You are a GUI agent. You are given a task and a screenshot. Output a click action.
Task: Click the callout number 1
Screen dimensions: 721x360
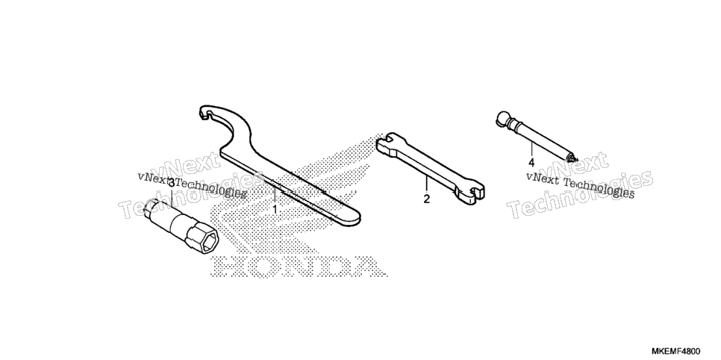pyautogui.click(x=275, y=210)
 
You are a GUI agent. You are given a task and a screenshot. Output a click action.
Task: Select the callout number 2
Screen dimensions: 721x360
pyautogui.click(x=427, y=199)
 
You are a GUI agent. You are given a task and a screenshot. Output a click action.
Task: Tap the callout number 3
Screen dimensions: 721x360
pyautogui.click(x=172, y=183)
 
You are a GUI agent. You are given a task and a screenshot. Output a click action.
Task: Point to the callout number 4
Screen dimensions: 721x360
pyautogui.click(x=531, y=163)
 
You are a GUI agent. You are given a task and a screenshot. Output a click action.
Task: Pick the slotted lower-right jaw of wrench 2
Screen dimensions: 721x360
pyautogui.click(x=470, y=193)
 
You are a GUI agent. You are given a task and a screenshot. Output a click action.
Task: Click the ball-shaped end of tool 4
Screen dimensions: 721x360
pyautogui.click(x=502, y=117)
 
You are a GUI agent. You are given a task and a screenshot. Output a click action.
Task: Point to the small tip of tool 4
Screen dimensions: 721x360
pyautogui.click(x=572, y=158)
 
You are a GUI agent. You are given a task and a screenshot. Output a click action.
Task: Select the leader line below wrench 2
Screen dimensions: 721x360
pyautogui.click(x=426, y=184)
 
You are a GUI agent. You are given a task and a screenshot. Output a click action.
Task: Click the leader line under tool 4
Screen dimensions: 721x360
pyautogui.click(x=531, y=149)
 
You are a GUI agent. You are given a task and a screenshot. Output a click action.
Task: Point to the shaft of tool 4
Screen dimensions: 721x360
pyautogui.click(x=540, y=137)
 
